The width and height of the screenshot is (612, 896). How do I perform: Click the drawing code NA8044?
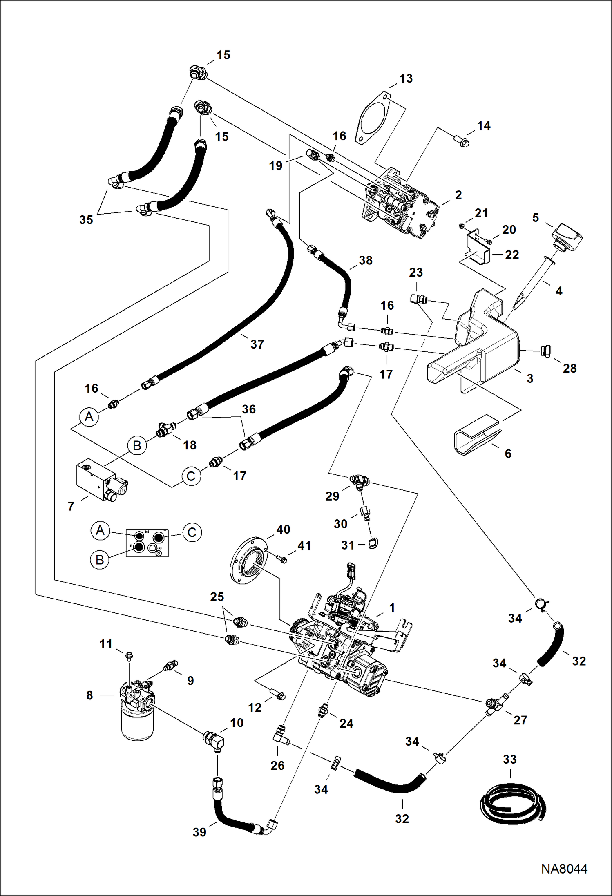(564, 868)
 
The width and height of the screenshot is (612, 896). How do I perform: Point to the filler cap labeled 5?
(567, 237)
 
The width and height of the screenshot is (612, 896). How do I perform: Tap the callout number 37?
(257, 344)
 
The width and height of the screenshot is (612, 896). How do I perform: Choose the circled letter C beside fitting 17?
(191, 476)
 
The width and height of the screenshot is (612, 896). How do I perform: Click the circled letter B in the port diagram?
(99, 560)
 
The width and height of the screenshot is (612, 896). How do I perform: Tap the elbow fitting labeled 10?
(214, 740)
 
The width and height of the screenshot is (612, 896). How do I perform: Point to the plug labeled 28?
(545, 351)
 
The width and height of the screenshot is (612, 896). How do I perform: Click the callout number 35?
(86, 220)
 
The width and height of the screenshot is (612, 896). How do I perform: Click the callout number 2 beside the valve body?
(458, 195)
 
